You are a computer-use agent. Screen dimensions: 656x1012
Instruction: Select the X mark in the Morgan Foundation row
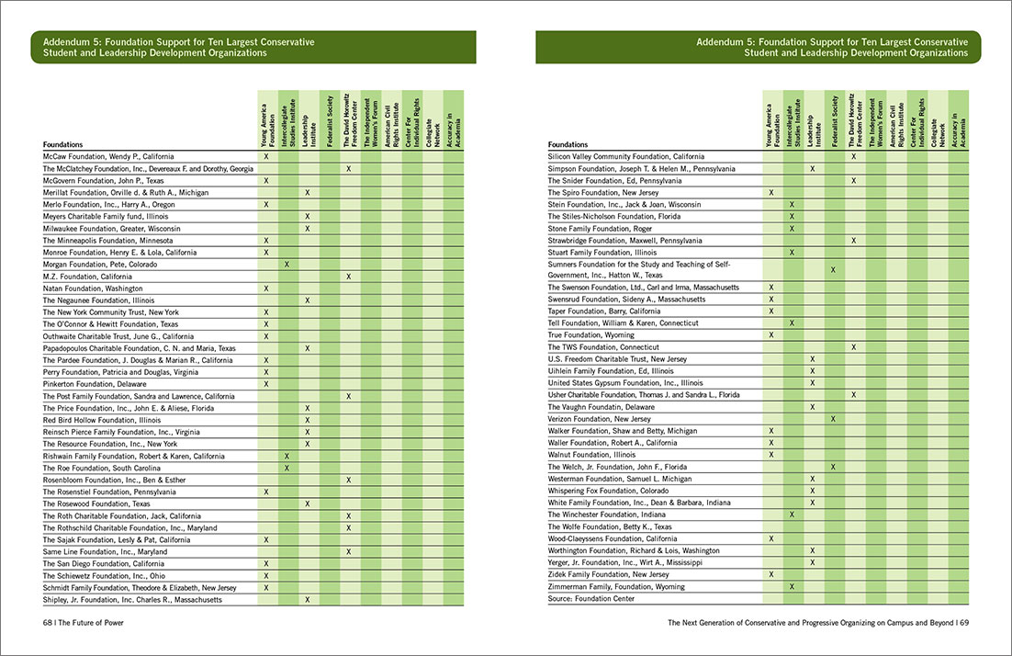tap(287, 265)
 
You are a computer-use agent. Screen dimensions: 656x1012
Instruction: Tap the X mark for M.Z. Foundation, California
tap(349, 277)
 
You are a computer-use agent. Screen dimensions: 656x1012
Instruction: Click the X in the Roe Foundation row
tap(287, 468)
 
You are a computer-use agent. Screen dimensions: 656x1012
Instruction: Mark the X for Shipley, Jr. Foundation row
tap(308, 600)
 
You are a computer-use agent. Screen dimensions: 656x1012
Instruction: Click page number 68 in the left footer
tap(49, 621)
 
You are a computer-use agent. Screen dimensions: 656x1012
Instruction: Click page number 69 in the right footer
tap(964, 621)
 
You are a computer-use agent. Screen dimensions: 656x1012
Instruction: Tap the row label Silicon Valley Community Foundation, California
tap(626, 157)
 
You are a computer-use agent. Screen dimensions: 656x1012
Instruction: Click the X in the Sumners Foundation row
tap(833, 269)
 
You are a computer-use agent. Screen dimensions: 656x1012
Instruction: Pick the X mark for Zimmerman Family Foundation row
tap(792, 586)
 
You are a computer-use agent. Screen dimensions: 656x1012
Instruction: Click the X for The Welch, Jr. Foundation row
tap(833, 467)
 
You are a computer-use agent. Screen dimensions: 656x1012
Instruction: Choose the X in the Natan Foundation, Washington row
tap(266, 288)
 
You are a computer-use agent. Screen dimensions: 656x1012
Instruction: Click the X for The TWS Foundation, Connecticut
tap(854, 347)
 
